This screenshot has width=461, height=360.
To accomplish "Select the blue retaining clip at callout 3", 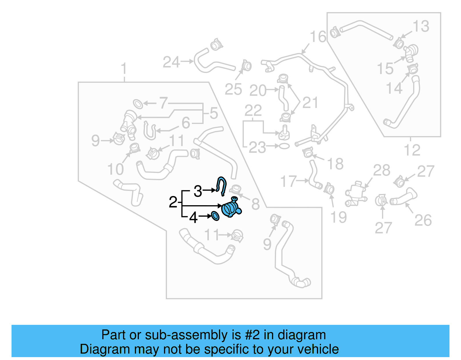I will (x=222, y=186).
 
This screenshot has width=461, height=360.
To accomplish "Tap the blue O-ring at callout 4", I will (x=215, y=216).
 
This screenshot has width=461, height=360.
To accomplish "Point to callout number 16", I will (x=318, y=37).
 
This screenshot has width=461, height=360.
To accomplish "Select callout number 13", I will (x=421, y=26).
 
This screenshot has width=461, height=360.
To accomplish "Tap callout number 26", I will (x=423, y=220).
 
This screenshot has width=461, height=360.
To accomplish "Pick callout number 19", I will (x=339, y=217).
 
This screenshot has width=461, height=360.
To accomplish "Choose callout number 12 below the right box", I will (x=412, y=150).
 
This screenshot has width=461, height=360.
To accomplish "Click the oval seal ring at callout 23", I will (x=284, y=146).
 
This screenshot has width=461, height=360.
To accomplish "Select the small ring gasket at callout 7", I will (x=138, y=104).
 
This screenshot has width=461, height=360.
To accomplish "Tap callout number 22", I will (x=253, y=110).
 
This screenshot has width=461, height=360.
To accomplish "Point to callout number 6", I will (x=186, y=123).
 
